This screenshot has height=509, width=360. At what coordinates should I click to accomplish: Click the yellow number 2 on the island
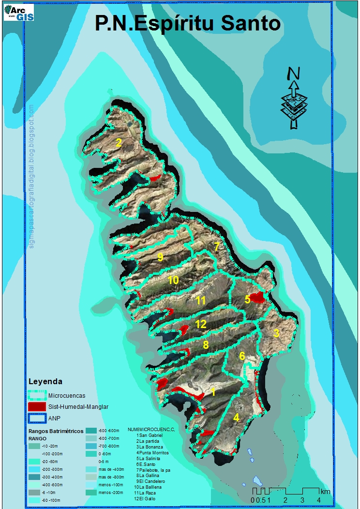pos(119,142)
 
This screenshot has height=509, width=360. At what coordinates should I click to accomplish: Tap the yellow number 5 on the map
pos(247,299)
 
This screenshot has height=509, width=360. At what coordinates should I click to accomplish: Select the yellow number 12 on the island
pos(201,324)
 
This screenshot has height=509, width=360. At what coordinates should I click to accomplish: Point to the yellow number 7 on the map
pos(217,246)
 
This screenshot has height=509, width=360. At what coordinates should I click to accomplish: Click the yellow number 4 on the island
pos(236,417)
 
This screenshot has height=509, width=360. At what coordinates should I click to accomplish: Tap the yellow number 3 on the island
pos(276,333)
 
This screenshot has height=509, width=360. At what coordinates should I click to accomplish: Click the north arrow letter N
pos(293,74)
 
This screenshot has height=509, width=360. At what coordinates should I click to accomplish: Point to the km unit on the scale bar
pos(325,492)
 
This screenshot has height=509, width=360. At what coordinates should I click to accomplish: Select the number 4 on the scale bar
pos(318,500)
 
